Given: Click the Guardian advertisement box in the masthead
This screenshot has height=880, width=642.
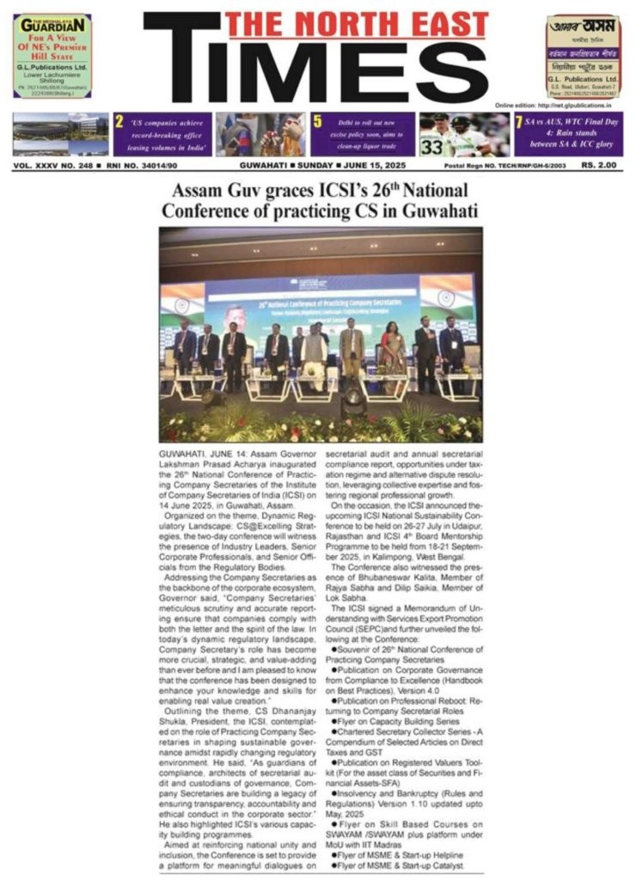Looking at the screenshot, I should coord(52,56).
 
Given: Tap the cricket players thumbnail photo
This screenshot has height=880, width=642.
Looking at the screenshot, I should coord(464,133).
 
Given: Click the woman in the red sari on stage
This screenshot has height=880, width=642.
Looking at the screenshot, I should coord(394,349).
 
